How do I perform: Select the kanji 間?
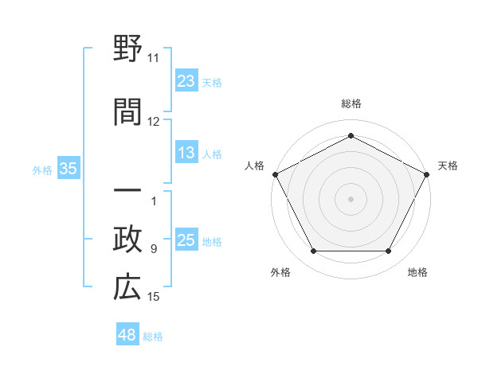(127, 112)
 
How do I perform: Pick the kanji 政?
(127, 240)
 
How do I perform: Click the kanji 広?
(127, 287)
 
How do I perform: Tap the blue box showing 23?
(186, 81)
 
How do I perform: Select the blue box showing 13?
(186, 153)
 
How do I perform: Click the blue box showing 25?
(186, 241)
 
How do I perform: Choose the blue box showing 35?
(68, 169)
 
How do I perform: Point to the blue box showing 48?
(127, 335)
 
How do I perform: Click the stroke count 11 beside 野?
(153, 58)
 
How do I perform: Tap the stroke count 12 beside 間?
(153, 122)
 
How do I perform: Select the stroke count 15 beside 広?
(153, 297)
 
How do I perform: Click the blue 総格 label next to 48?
(153, 337)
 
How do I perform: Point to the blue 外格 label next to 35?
(42, 169)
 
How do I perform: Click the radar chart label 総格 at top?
(351, 103)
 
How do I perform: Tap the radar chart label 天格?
(448, 166)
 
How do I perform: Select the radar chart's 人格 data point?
(275, 173)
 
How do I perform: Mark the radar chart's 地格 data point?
(389, 251)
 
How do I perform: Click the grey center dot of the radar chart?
(351, 198)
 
